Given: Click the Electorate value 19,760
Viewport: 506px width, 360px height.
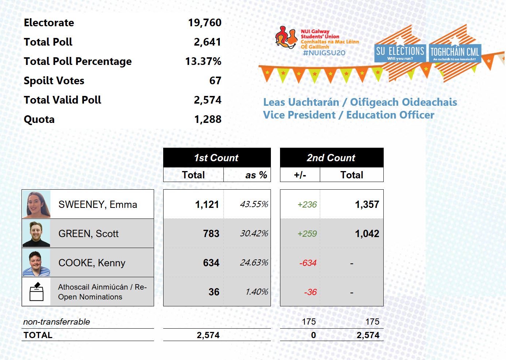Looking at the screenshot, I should (x=204, y=23).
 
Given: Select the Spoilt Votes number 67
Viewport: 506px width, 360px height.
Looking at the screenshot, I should (x=215, y=81).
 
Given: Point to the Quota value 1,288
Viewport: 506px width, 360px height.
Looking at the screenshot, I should (x=207, y=119).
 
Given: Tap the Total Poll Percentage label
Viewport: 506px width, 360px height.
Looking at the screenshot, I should (x=77, y=61).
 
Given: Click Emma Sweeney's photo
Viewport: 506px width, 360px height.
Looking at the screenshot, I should (x=36, y=204).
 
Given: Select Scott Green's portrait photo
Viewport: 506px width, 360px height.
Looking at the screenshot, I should (x=36, y=233).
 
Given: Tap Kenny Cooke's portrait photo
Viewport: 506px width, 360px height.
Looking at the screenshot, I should (x=36, y=263).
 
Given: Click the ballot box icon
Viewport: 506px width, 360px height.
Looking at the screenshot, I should (x=36, y=291).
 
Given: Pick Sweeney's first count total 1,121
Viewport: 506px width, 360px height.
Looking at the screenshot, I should (x=207, y=205).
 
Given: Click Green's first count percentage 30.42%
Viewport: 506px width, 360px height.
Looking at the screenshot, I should (x=254, y=233).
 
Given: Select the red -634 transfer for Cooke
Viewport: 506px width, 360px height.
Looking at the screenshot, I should (x=307, y=263).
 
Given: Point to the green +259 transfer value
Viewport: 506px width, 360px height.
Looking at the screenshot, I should (x=307, y=234).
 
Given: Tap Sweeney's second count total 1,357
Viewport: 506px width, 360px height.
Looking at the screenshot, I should (x=367, y=205).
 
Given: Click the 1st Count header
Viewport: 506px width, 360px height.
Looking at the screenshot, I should (x=216, y=158).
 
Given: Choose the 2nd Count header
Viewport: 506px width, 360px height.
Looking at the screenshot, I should (x=331, y=158).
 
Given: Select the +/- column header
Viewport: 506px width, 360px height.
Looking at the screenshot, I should (x=300, y=175).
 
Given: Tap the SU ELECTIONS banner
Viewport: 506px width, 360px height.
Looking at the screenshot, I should (x=400, y=53).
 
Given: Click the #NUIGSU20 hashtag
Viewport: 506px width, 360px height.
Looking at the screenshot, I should (x=324, y=53).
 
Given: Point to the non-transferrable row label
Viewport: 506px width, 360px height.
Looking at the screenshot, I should (x=57, y=322).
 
